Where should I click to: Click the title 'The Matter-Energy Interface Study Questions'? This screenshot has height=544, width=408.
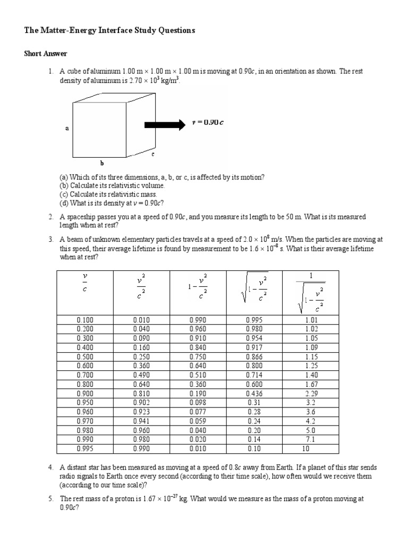coord(109,31)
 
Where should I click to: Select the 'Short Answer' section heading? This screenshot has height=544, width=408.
coord(46,54)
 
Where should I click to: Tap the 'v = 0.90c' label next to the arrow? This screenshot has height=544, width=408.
coord(208,123)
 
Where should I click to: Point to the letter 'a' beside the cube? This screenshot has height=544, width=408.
coord(67,128)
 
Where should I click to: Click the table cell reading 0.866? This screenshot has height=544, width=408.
coord(254,356)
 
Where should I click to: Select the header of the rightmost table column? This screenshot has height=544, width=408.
coord(311,293)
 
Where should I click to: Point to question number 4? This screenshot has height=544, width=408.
coord(50,467)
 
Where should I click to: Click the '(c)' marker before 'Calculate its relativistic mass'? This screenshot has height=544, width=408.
coord(63,194)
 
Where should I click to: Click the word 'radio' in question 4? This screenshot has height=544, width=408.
coord(67,476)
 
